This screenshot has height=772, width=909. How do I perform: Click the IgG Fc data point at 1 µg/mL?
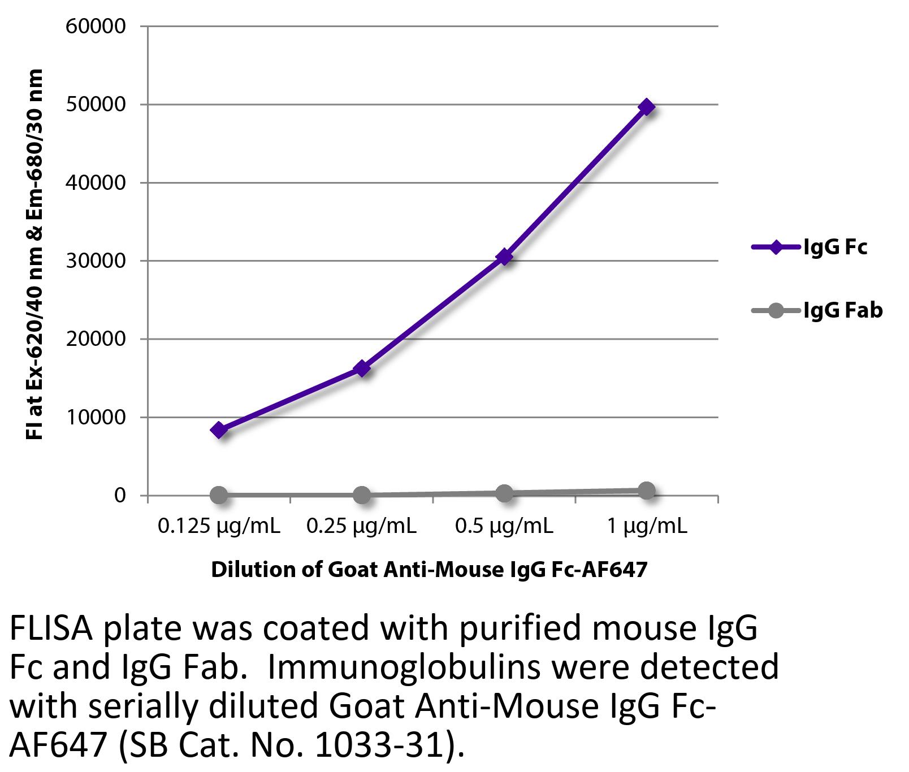647,107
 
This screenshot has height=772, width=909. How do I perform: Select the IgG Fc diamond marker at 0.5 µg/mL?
504,257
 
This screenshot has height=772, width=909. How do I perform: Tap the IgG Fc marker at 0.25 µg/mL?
362,368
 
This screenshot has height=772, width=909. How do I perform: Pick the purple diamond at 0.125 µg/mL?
219,430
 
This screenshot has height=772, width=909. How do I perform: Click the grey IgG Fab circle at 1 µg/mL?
647,491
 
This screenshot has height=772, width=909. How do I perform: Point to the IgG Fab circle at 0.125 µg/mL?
219,495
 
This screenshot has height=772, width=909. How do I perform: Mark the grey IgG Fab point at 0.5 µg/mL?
504,493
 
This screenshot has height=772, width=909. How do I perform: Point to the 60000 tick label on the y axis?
96,26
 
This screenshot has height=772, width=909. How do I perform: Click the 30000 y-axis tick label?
96,261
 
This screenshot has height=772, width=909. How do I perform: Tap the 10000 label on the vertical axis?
96,417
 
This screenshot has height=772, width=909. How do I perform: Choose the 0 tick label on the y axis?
120,495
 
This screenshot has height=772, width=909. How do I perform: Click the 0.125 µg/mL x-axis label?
219,527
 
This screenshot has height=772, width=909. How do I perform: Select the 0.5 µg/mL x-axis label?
504,527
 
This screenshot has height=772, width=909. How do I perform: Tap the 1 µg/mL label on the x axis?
647,527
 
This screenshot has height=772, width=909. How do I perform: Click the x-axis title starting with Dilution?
429,569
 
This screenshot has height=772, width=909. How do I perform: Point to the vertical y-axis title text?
34,254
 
